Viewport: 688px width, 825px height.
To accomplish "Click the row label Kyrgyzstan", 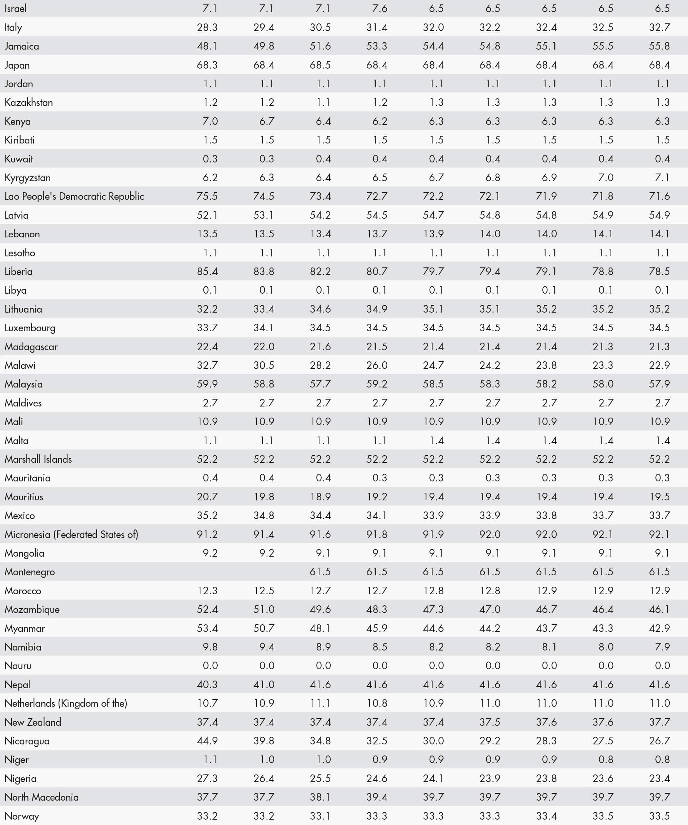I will point(27,178).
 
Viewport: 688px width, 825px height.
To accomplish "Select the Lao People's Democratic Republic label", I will point(74,196).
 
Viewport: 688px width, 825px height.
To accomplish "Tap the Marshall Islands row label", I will point(38,459).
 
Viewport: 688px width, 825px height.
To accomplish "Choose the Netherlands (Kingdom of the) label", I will point(66,703).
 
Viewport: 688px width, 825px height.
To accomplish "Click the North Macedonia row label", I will point(42,797).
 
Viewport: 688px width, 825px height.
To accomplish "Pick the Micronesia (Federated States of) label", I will point(71,534).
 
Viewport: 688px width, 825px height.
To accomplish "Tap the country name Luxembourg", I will point(30,328).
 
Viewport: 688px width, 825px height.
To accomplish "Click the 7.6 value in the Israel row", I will point(380,8).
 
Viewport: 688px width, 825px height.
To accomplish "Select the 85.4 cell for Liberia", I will point(207,271).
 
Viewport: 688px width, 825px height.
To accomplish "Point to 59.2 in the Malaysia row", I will point(377,384).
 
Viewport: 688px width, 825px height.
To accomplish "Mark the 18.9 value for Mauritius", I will point(320,497).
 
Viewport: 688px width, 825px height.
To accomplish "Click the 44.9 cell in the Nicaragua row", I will point(207,741).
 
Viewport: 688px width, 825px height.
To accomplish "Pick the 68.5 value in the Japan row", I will point(320,65).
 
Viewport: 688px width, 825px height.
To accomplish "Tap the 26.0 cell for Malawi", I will point(377,365).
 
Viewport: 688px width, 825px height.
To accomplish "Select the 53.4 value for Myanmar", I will point(207,628).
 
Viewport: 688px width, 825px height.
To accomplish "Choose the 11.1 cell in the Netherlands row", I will point(320,703).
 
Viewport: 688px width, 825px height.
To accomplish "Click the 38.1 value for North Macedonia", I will point(320,797).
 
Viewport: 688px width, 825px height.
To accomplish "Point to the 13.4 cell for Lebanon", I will point(320,234).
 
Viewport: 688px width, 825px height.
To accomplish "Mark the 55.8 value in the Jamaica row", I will point(659,46).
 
